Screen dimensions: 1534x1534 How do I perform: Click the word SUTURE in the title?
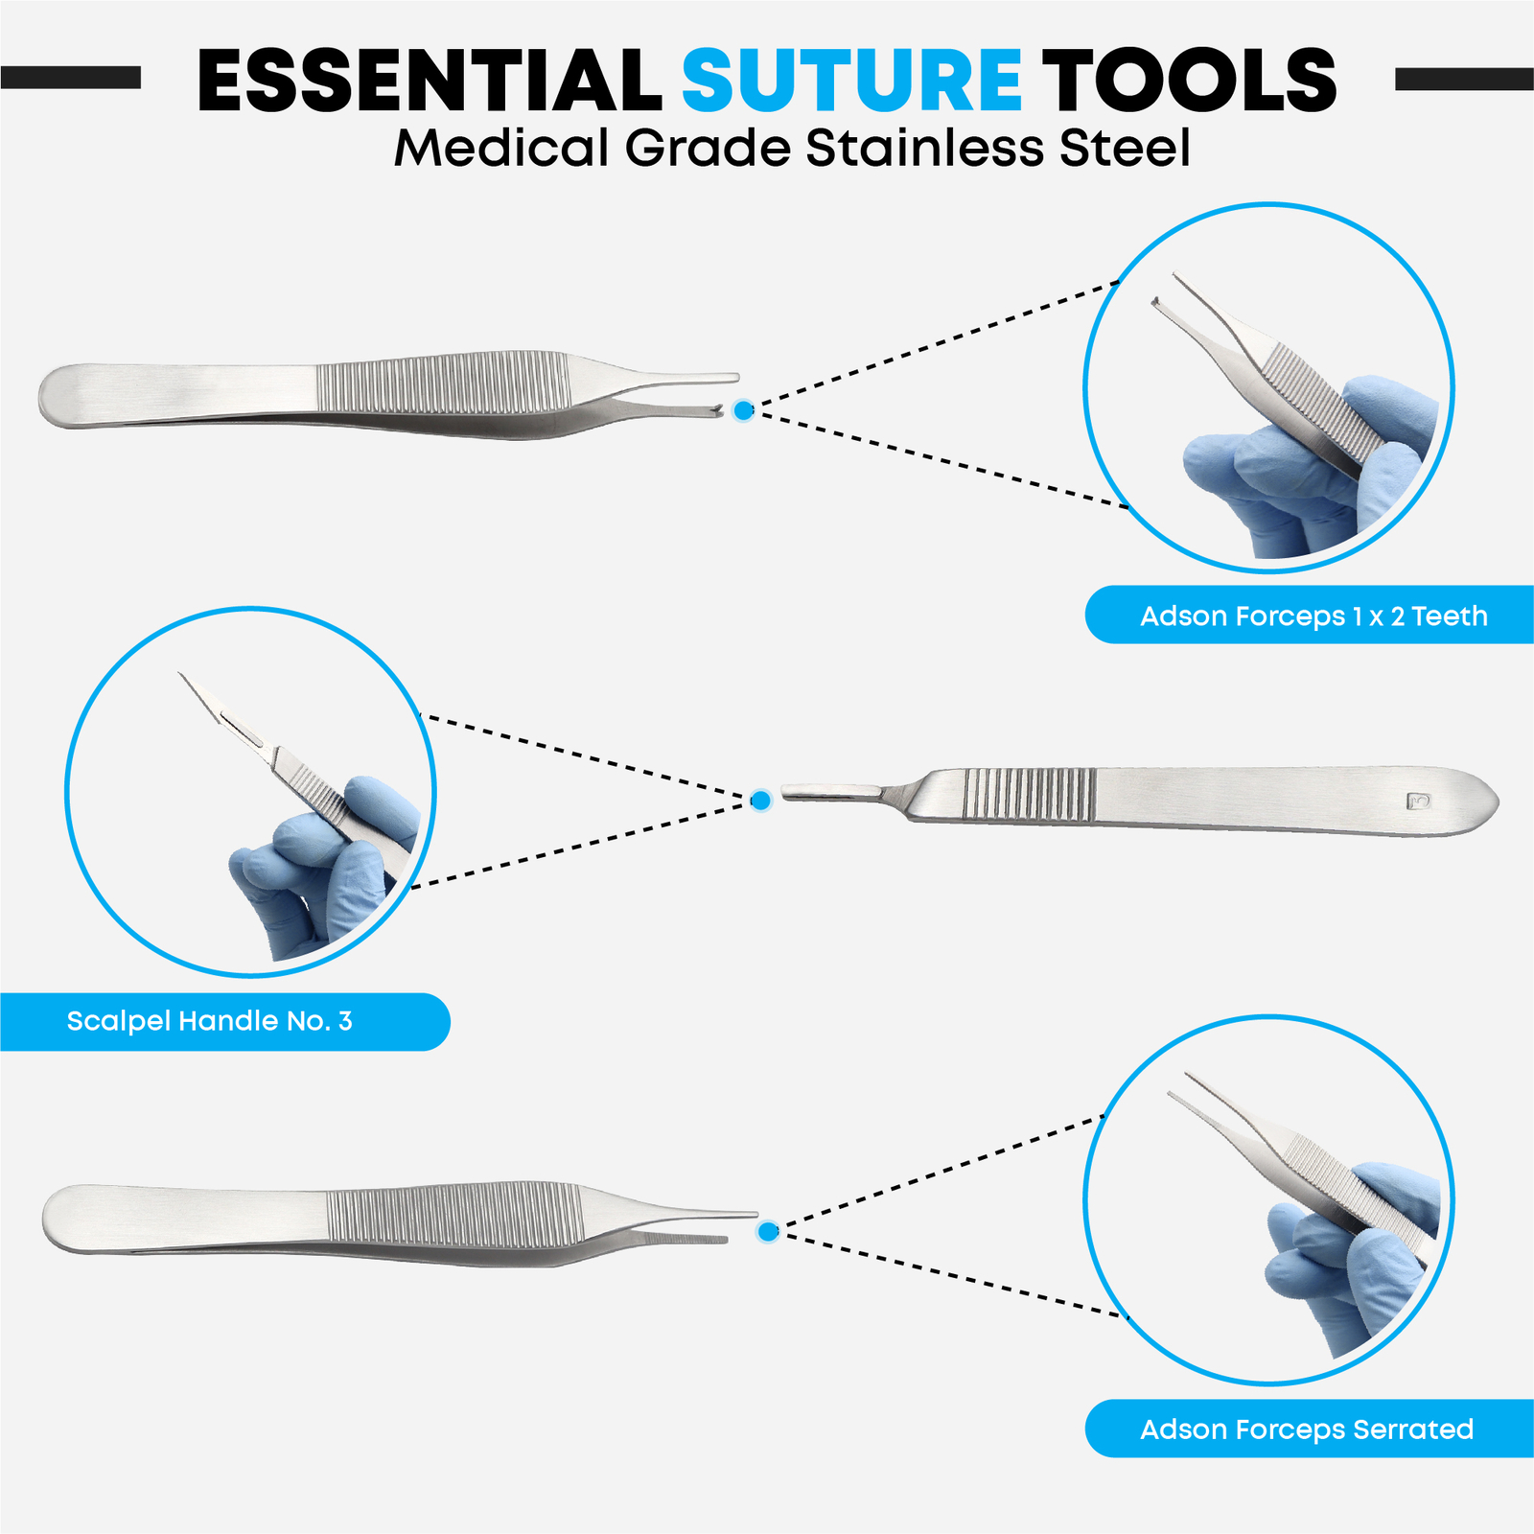pos(850,81)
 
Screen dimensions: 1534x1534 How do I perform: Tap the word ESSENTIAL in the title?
pos(429,81)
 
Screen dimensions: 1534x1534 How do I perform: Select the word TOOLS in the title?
pos(1189,81)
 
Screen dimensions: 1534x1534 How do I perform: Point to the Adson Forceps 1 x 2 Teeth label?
pos(1313,616)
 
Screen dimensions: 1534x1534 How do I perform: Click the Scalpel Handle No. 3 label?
pos(210,1021)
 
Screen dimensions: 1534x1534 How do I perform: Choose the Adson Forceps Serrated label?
pos(1306,1429)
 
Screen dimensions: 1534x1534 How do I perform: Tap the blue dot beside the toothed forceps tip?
pos(743,410)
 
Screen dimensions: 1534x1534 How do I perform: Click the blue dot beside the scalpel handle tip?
pos(760,800)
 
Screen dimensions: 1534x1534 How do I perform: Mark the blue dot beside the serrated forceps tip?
pos(767,1231)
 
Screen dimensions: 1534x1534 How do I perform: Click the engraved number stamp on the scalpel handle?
pos(1418,801)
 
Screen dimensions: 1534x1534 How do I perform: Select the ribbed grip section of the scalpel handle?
pos(1028,795)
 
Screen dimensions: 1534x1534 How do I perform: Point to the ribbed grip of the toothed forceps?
pos(443,383)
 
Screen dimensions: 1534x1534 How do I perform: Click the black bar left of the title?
pos(70,78)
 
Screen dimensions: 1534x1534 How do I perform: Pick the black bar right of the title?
pos(1464,79)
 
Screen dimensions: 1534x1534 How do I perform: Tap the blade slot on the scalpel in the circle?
pos(244,731)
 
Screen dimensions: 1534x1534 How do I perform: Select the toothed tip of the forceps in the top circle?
pos(1160,305)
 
